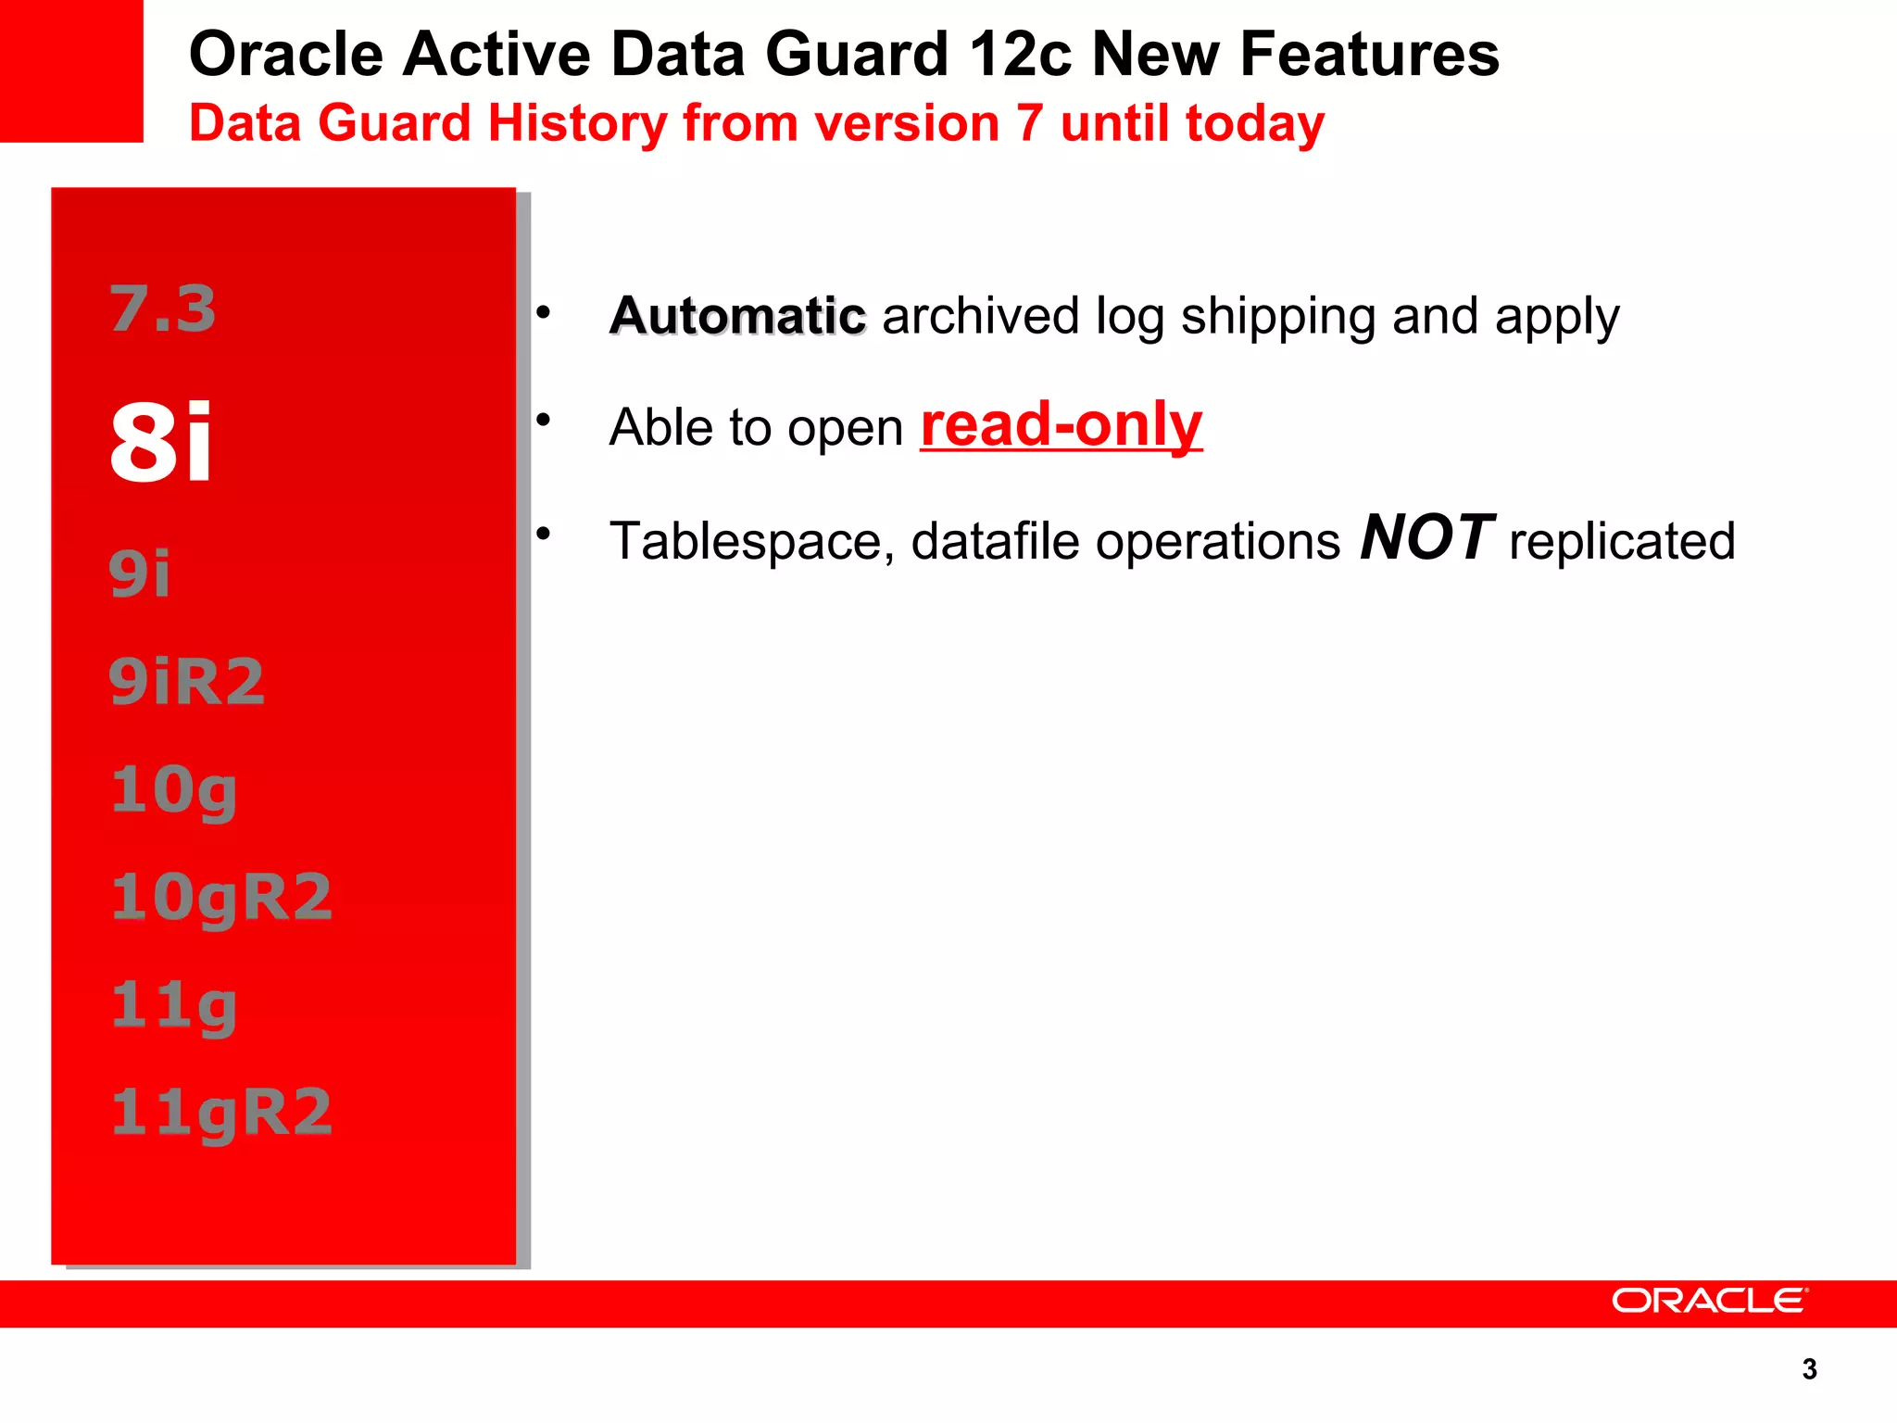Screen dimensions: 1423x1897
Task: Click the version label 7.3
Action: click(x=163, y=309)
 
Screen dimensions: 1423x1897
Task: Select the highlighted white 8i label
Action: click(x=161, y=443)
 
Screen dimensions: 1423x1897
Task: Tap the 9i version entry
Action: click(x=140, y=573)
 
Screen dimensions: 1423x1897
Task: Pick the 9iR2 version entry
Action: click(x=187, y=681)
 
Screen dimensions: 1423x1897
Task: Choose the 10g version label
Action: click(x=174, y=790)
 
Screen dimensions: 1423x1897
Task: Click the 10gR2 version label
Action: click(x=221, y=898)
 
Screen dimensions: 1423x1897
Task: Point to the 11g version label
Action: click(x=174, y=1006)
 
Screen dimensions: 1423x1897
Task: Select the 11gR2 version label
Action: click(x=221, y=1113)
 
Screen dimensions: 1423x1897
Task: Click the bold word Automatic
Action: click(x=737, y=316)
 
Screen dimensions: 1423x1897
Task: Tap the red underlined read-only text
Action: click(x=1062, y=425)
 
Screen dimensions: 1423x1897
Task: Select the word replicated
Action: click(x=1622, y=541)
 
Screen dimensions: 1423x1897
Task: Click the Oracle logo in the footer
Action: click(x=1709, y=1301)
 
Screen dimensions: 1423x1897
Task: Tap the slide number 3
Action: click(x=1809, y=1369)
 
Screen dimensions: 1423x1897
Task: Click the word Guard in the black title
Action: click(x=857, y=54)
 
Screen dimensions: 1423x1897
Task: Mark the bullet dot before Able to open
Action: click(x=544, y=421)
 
